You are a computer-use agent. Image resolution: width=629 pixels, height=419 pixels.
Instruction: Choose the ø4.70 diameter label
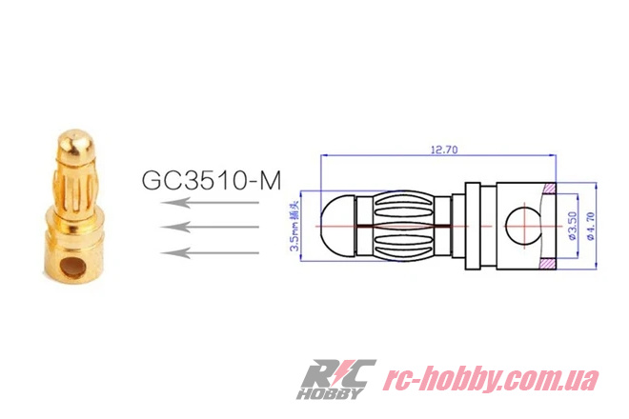(x=593, y=225)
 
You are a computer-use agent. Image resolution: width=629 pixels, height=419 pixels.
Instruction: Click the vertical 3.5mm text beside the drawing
(x=295, y=225)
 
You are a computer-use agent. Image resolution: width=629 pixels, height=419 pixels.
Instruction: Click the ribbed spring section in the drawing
(x=410, y=226)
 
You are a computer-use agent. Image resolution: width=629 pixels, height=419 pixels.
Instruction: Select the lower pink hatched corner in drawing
(x=550, y=261)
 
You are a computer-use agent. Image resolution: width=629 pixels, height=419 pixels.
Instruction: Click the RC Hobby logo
(x=336, y=378)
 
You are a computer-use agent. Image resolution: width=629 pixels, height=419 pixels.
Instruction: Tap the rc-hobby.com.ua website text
(x=491, y=378)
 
